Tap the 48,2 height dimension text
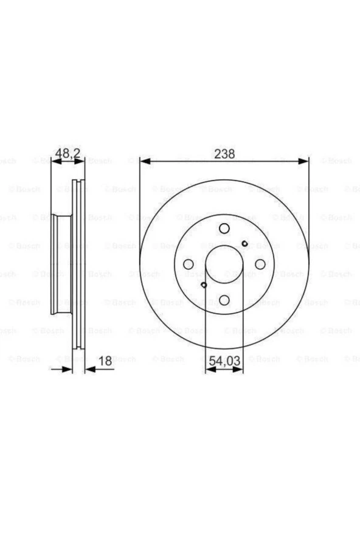coord(69,154)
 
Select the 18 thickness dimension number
coord(105,361)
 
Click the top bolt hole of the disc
coord(224,229)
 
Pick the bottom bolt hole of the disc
coord(224,300)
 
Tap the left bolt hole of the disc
coord(189,264)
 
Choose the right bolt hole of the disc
coord(260,264)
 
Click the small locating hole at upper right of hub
coord(244,244)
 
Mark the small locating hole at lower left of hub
coord(204,284)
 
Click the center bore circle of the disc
coord(224,264)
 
